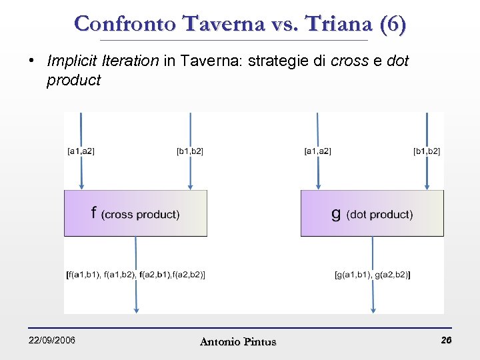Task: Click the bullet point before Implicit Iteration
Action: click(x=31, y=61)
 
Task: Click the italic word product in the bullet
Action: click(x=73, y=81)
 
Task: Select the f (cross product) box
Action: click(x=135, y=213)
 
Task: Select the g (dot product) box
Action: click(x=372, y=213)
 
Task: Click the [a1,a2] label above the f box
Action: click(x=81, y=151)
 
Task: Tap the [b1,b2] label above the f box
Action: click(x=190, y=151)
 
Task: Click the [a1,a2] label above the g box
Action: click(x=317, y=151)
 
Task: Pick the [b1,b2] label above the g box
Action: click(x=427, y=151)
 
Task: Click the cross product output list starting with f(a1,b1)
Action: click(x=136, y=274)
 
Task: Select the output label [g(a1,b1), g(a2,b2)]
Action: click(x=372, y=274)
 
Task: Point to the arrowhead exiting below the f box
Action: click(x=136, y=307)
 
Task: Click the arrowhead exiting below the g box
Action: click(x=373, y=307)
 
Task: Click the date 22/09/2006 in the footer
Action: click(x=52, y=341)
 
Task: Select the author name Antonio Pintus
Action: click(x=238, y=342)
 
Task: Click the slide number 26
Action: click(x=446, y=341)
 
